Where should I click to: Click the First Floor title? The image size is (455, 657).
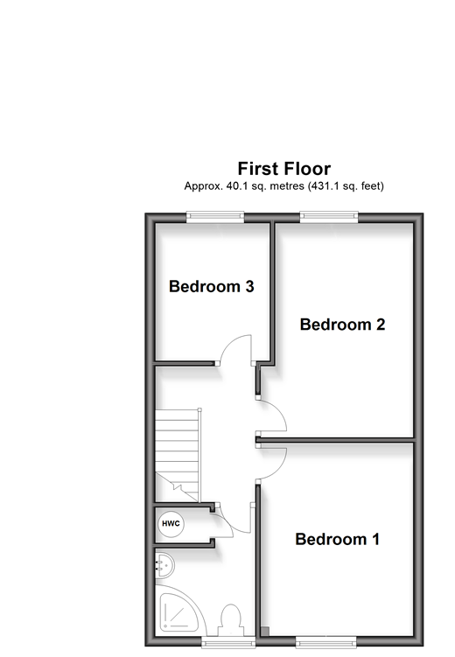(x=284, y=169)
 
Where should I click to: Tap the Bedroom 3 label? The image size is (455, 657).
(x=211, y=287)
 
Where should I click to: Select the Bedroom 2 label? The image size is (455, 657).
(x=342, y=325)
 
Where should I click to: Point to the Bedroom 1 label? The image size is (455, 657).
(x=337, y=539)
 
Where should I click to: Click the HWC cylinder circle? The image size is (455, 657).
(x=171, y=524)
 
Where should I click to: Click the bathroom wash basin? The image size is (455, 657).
(x=164, y=566)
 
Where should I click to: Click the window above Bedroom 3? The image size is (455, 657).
(x=215, y=216)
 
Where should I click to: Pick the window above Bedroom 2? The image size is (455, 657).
(x=329, y=216)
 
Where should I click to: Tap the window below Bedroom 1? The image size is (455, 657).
(x=326, y=641)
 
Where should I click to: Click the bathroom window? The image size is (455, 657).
(x=228, y=641)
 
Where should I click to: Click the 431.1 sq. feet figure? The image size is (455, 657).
(x=346, y=185)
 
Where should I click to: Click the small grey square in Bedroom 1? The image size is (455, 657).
(x=265, y=632)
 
